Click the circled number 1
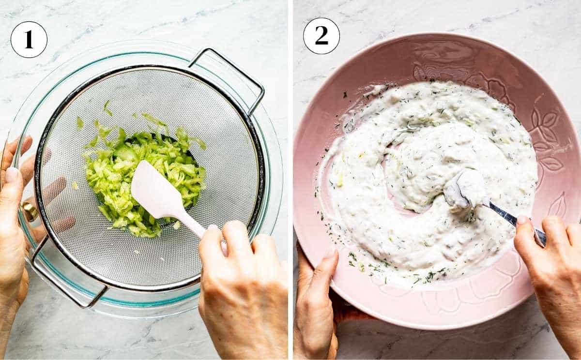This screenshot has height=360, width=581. (x=29, y=40)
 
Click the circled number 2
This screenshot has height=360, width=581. (x=321, y=36)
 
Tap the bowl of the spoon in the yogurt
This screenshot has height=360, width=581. (x=465, y=189)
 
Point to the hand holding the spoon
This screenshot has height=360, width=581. (x=552, y=271)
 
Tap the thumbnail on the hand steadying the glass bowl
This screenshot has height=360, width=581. (x=11, y=174)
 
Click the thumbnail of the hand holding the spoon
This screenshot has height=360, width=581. (x=523, y=221)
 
